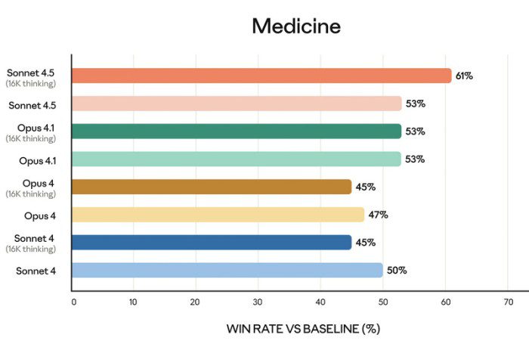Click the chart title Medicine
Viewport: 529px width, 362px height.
[x=296, y=26]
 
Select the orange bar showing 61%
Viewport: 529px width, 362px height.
[x=261, y=76]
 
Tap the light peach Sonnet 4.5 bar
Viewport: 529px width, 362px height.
[x=237, y=104]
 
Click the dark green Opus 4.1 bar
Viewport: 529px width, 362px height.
[x=237, y=131]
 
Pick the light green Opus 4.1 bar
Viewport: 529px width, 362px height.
[x=237, y=159]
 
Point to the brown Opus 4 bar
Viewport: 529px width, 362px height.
[x=212, y=187]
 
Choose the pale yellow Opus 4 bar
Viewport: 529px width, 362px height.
[x=218, y=215]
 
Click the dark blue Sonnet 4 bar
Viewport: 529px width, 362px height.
[x=212, y=243]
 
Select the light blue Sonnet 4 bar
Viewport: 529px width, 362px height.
[x=227, y=271]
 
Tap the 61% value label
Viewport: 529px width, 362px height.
[x=463, y=76]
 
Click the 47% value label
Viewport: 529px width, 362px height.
[x=378, y=215]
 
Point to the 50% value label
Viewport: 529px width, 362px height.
[x=396, y=271]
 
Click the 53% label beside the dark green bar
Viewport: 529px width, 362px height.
[x=415, y=131]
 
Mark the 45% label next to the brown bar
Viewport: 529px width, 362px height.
[x=365, y=187]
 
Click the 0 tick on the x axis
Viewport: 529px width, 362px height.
[x=73, y=302]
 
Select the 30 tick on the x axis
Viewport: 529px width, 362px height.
[x=258, y=302]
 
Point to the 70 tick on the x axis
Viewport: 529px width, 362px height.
[x=507, y=302]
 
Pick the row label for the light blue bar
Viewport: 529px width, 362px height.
[x=36, y=271]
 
